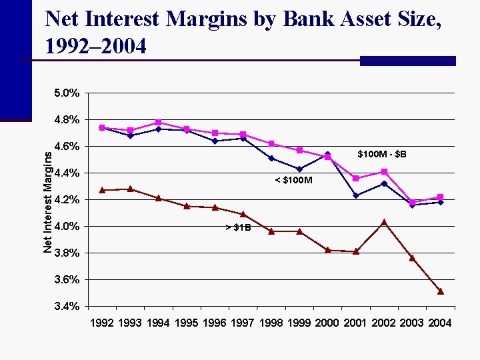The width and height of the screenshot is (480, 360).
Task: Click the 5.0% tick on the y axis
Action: pyautogui.click(x=67, y=93)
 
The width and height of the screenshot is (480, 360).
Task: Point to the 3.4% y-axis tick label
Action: pyautogui.click(x=67, y=307)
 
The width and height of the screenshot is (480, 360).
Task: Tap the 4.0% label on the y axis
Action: pyautogui.click(x=67, y=227)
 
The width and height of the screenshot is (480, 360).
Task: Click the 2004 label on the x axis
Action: pyautogui.click(x=439, y=323)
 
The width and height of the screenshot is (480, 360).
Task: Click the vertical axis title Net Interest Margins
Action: pyautogui.click(x=47, y=200)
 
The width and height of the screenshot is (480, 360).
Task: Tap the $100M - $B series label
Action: pyautogui.click(x=381, y=155)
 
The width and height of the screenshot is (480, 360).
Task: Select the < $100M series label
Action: pyautogui.click(x=294, y=181)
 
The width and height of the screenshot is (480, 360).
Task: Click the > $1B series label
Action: pyautogui.click(x=238, y=228)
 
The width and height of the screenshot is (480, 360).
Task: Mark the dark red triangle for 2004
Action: pyautogui.click(x=441, y=291)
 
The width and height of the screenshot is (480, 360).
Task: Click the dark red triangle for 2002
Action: pyautogui.click(x=384, y=222)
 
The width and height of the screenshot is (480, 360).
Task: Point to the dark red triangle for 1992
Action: pyautogui.click(x=102, y=190)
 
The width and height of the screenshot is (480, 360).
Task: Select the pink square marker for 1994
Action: pyautogui.click(x=158, y=123)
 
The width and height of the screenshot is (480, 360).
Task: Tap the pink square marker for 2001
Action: pyautogui.click(x=356, y=178)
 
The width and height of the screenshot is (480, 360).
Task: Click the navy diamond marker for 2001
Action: pyautogui.click(x=356, y=195)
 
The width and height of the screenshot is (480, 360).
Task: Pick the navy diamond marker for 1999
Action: pyautogui.click(x=299, y=169)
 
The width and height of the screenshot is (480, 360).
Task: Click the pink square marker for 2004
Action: pyautogui.click(x=441, y=197)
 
